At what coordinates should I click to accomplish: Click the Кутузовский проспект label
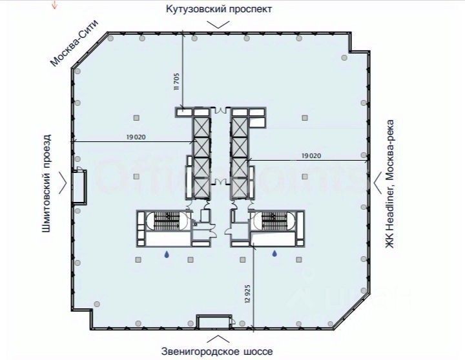point(219,9)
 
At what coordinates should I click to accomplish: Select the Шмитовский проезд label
point(46,185)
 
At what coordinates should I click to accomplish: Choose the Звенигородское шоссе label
point(218,352)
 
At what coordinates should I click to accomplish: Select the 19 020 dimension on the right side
point(311,155)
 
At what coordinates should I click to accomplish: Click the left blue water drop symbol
point(166,255)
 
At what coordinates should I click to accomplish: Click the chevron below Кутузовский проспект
point(219,24)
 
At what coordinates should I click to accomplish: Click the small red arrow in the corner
point(56,5)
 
